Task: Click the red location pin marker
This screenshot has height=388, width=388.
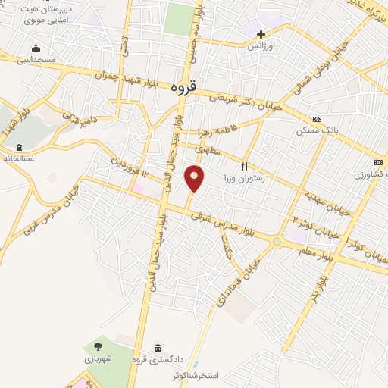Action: tap(196, 179)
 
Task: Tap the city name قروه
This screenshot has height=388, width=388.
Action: tap(184, 87)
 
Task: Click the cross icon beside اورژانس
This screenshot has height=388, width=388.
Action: tap(261, 34)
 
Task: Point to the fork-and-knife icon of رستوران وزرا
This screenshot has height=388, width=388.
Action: tap(244, 165)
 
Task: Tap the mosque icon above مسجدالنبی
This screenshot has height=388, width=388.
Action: tap(36, 48)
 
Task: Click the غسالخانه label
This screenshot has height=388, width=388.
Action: tap(20, 158)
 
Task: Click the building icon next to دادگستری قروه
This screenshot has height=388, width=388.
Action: tap(157, 347)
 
